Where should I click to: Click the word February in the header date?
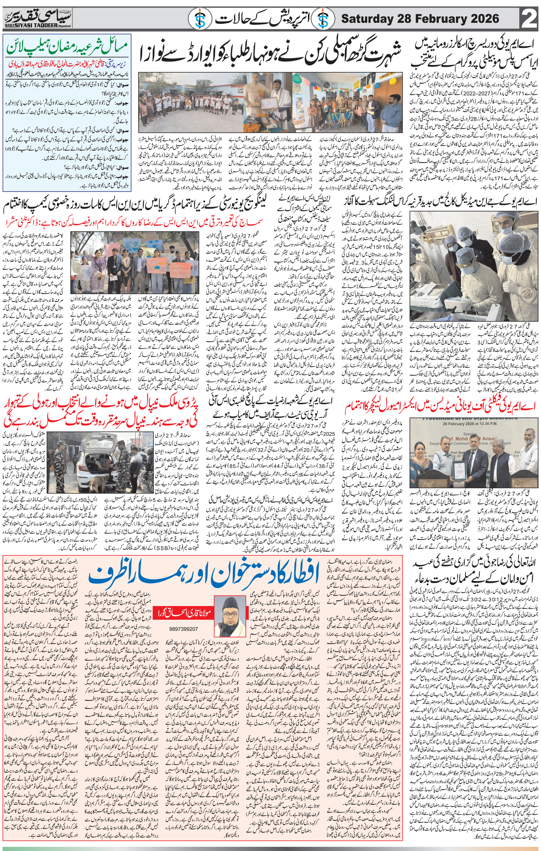(434, 19)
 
